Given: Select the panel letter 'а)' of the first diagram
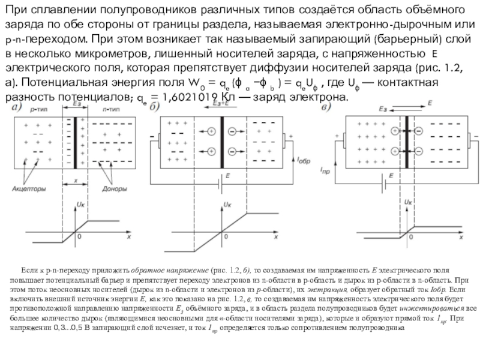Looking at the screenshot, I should pos(18,107).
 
